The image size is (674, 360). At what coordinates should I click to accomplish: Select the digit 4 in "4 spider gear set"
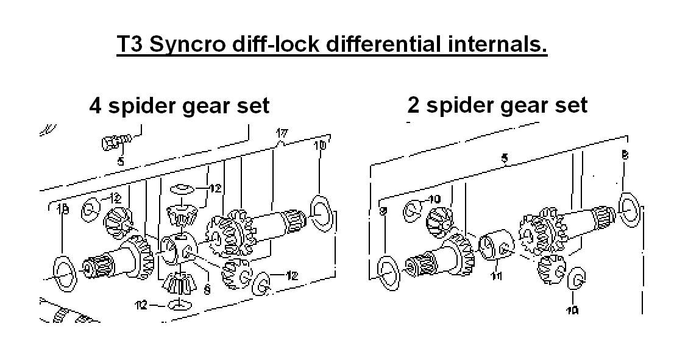[95, 105]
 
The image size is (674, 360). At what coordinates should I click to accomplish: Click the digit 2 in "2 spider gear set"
[414, 105]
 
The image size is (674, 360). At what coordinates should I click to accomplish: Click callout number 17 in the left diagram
[282, 133]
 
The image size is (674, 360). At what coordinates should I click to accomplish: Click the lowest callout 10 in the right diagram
[573, 311]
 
